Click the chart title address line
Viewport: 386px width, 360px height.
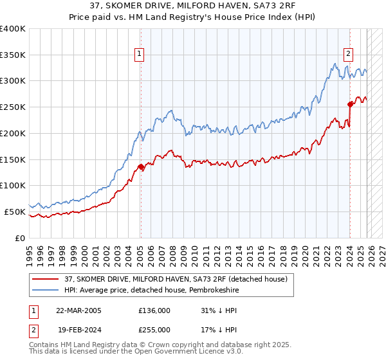pyautogui.click(x=193, y=6)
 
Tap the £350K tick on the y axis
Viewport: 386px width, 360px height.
pyautogui.click(x=13, y=55)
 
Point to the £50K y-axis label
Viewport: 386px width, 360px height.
pyautogui.click(x=15, y=212)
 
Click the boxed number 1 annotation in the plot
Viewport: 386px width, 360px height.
pyautogui.click(x=140, y=55)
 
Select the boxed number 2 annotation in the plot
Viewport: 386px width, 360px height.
pyautogui.click(x=348, y=55)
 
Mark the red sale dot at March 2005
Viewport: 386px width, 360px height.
pyautogui.click(x=141, y=167)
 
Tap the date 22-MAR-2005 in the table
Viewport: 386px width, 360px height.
pyautogui.click(x=78, y=310)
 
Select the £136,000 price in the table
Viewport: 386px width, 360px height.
pyautogui.click(x=154, y=310)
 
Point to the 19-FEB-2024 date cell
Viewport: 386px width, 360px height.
pyautogui.click(x=78, y=328)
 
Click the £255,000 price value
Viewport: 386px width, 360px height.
pyautogui.click(x=154, y=328)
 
